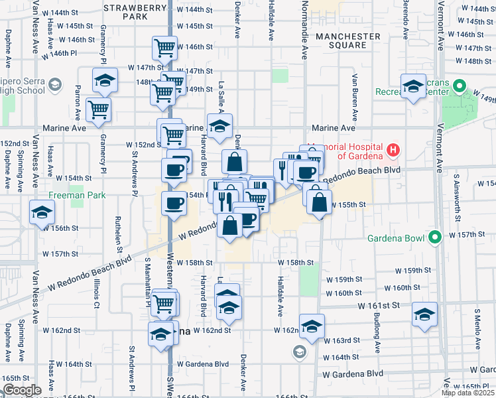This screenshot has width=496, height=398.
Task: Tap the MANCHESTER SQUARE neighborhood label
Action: pos(348,40)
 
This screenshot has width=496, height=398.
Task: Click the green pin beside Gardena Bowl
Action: pos(434,237)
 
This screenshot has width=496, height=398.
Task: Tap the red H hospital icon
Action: pos(393,151)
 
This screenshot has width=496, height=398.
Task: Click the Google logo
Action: pos(22,390)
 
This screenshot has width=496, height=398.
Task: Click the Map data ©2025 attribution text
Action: pos(467,393)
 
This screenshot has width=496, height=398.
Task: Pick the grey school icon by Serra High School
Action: pos(54,84)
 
